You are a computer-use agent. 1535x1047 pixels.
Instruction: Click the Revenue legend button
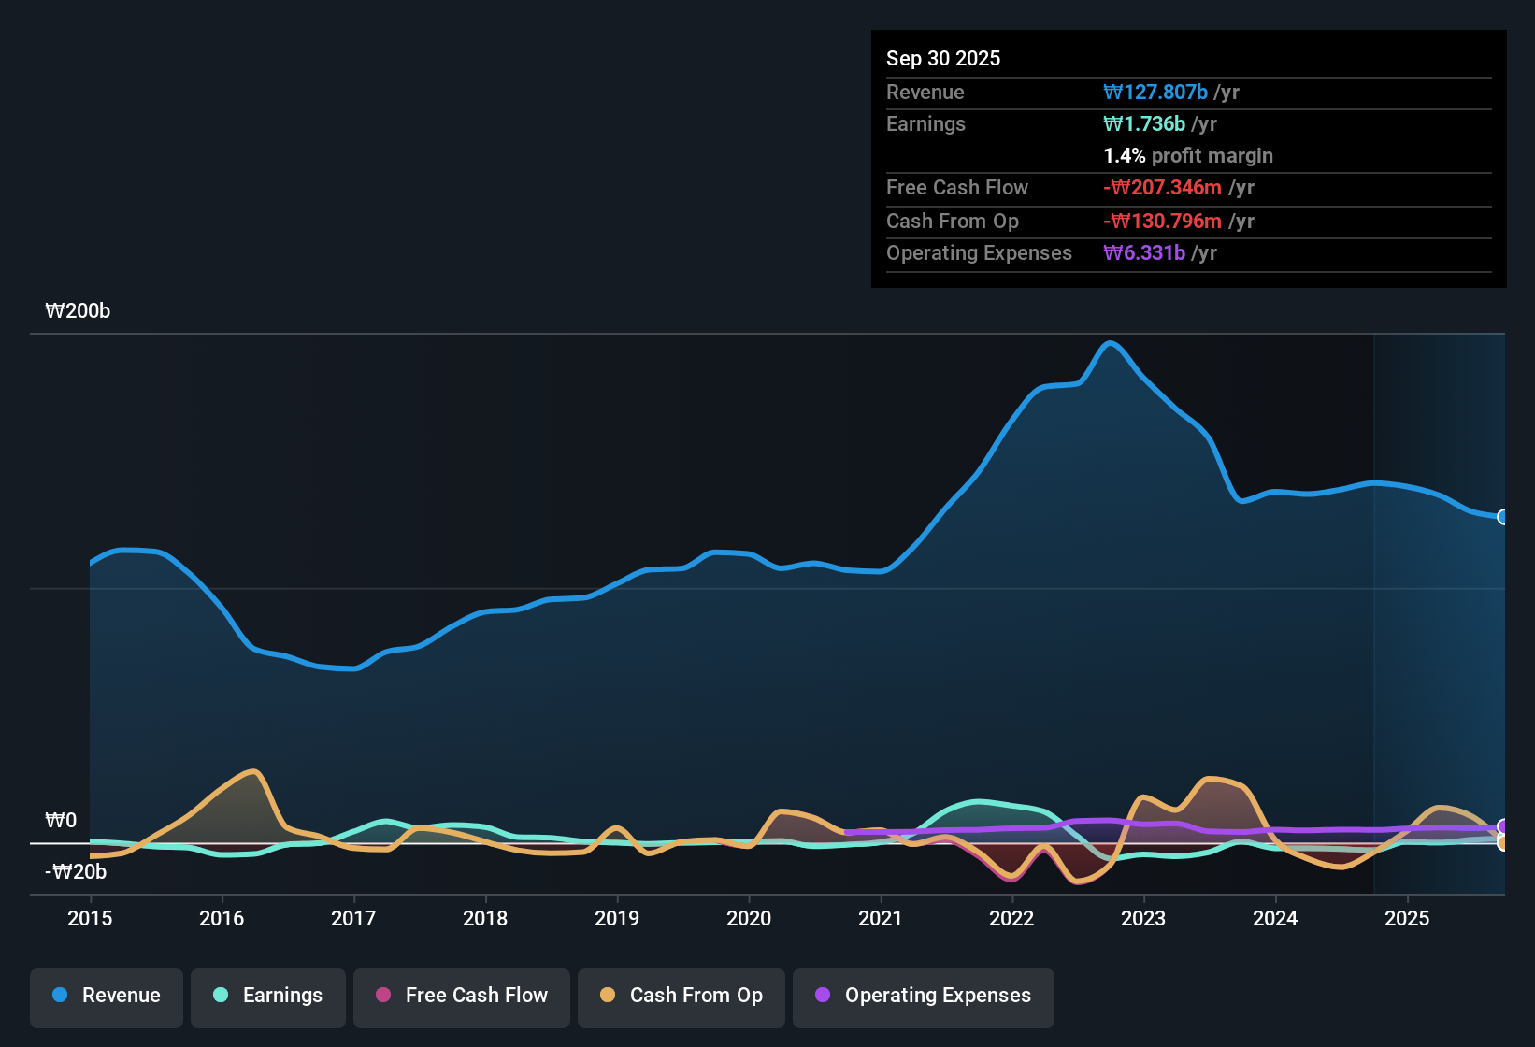tap(107, 996)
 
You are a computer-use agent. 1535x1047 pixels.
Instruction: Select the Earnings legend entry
tap(268, 996)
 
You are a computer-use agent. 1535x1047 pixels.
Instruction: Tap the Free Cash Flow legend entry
tap(462, 996)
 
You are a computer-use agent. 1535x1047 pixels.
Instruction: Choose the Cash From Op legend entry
tap(681, 996)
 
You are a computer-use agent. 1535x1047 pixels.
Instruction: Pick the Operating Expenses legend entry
tap(924, 996)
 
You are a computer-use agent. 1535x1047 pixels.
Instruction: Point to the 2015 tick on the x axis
tap(90, 918)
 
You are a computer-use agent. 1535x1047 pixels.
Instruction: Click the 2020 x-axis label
tap(749, 918)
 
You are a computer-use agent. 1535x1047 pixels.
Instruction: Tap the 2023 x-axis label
tap(1143, 918)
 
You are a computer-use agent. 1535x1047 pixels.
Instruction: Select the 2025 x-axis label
tap(1407, 918)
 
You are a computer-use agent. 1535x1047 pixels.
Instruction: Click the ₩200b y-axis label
tap(78, 311)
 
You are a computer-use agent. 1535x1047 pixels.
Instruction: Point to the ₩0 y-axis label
tap(61, 821)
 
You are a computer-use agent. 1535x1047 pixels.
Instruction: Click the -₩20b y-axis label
tap(76, 872)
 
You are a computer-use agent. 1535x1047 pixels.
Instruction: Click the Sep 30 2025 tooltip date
tap(942, 58)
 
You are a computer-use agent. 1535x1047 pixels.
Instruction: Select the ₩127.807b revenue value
tap(1155, 93)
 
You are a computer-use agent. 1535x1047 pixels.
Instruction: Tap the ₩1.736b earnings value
tap(1144, 124)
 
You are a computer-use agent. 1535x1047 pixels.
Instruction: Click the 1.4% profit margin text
tap(1187, 156)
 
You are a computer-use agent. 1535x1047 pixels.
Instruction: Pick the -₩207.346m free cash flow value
tap(1162, 188)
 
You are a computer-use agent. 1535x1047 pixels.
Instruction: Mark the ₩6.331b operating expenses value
tap(1144, 253)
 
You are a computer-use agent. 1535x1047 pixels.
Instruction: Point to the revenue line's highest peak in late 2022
tap(1111, 343)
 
